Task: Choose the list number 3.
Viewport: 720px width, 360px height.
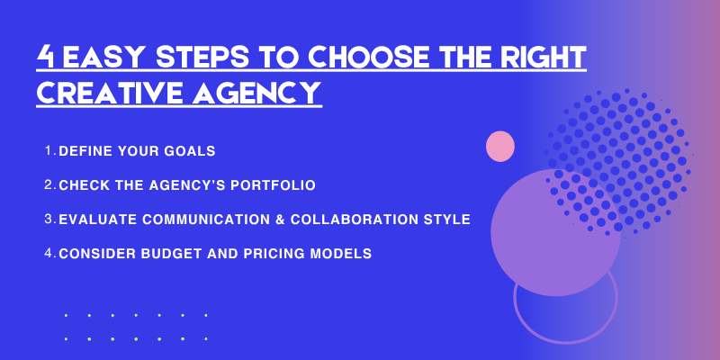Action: pos(49,220)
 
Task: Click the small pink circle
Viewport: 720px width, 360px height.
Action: pos(499,146)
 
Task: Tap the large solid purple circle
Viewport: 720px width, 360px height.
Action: pos(553,232)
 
